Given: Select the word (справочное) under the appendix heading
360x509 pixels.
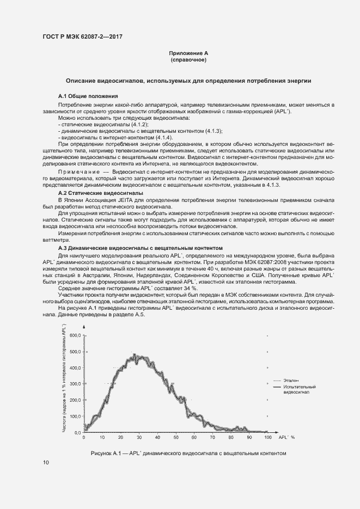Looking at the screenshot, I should [x=188, y=60].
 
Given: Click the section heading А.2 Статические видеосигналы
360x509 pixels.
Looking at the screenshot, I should [x=101, y=193].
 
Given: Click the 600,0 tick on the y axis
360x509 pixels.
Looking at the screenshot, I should [x=74, y=336].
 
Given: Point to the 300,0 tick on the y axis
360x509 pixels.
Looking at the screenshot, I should [x=74, y=384].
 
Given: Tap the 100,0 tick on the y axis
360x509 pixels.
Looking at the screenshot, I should [x=74, y=416].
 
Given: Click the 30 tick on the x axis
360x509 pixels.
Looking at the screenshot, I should [x=139, y=437].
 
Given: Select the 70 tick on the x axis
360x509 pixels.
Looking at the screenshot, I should [x=212, y=437].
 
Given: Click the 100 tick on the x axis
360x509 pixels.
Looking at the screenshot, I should [x=267, y=437].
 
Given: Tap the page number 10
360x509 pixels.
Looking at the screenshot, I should [x=46, y=463].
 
